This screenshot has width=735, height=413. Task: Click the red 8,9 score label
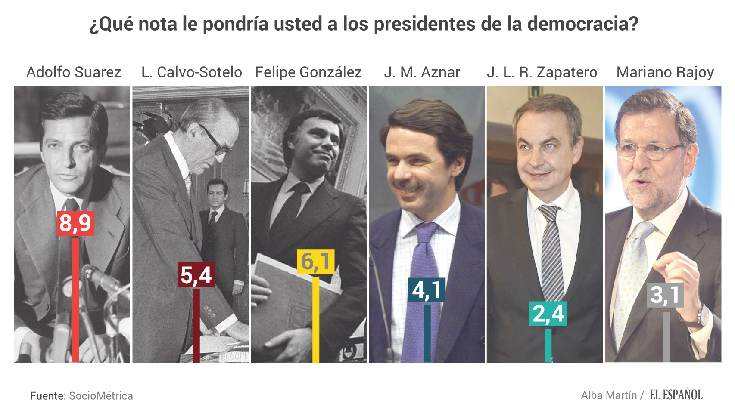tap(75, 223)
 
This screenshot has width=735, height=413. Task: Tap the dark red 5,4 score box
tap(196, 275)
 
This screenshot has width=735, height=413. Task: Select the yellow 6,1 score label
tap(316, 262)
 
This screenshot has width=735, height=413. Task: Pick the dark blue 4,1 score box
tap(427, 290)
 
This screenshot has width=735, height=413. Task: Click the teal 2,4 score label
tap(548, 314)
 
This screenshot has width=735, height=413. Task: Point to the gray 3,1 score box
tap(665, 295)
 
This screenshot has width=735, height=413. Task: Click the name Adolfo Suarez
tap(74, 72)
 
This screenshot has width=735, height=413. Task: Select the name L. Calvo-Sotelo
tap(191, 72)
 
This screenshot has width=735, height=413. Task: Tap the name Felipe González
tap(308, 72)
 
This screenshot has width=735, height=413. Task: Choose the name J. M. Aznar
tap(422, 72)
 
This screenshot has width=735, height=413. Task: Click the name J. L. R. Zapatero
tap(542, 72)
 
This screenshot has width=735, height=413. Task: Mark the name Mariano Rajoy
tap(665, 72)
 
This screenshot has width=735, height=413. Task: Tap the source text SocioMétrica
tap(101, 396)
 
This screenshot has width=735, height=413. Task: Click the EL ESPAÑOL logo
tap(676, 395)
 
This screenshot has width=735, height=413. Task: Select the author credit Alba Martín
tap(608, 395)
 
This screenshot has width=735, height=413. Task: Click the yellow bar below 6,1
tap(316, 318)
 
